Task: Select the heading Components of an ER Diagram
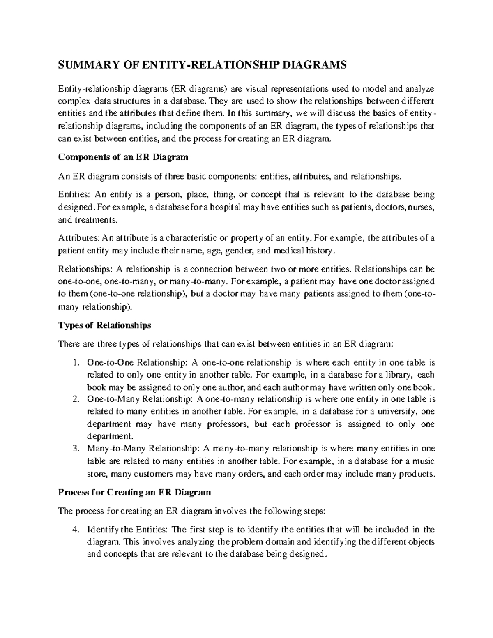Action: [x=123, y=157]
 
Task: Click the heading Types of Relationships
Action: [x=105, y=325]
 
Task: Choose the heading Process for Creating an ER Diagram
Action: [x=135, y=492]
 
